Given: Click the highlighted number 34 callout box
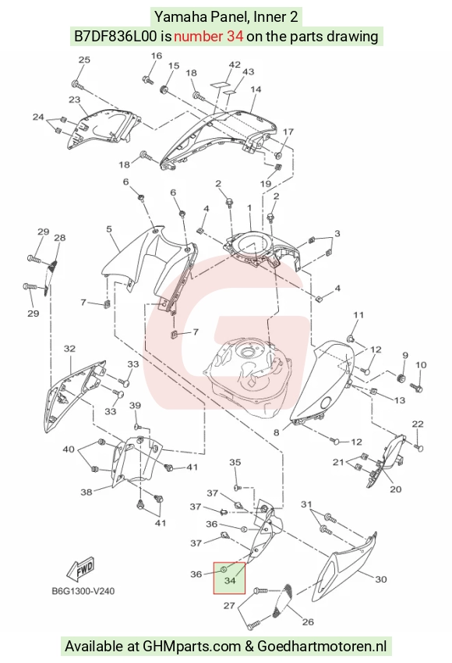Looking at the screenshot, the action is (229, 578).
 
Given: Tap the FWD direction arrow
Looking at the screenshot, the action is (81, 570).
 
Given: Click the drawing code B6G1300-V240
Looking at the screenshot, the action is (83, 590).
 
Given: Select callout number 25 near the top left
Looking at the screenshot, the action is (84, 59).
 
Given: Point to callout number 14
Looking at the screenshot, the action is (256, 90).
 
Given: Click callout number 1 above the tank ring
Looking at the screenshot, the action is (249, 208).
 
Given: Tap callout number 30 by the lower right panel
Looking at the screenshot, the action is (380, 580).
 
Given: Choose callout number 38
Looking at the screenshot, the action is (87, 492).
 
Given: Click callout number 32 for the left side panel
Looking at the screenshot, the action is (69, 349).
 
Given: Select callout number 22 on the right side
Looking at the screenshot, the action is (418, 424).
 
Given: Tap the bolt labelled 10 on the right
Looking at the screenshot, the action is (416, 386).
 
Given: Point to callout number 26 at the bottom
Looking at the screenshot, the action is (308, 622).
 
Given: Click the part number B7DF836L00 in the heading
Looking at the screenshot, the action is (116, 37).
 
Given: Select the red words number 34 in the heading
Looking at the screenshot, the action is (208, 37).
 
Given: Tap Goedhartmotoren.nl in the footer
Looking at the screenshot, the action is (322, 647).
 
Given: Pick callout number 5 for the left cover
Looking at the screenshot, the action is (109, 229).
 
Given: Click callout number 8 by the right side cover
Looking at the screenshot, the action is (277, 433).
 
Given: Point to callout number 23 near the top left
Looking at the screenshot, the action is (74, 100).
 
